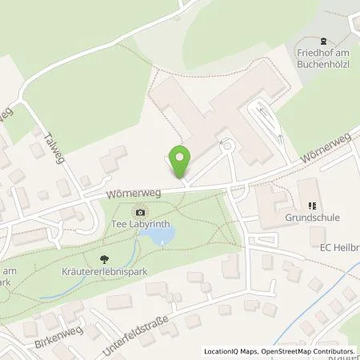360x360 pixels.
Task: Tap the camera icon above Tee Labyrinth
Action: (x=141, y=212)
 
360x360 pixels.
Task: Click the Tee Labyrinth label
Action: (x=141, y=224)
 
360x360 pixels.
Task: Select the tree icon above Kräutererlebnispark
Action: (x=103, y=258)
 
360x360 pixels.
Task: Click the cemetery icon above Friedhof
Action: (x=323, y=41)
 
